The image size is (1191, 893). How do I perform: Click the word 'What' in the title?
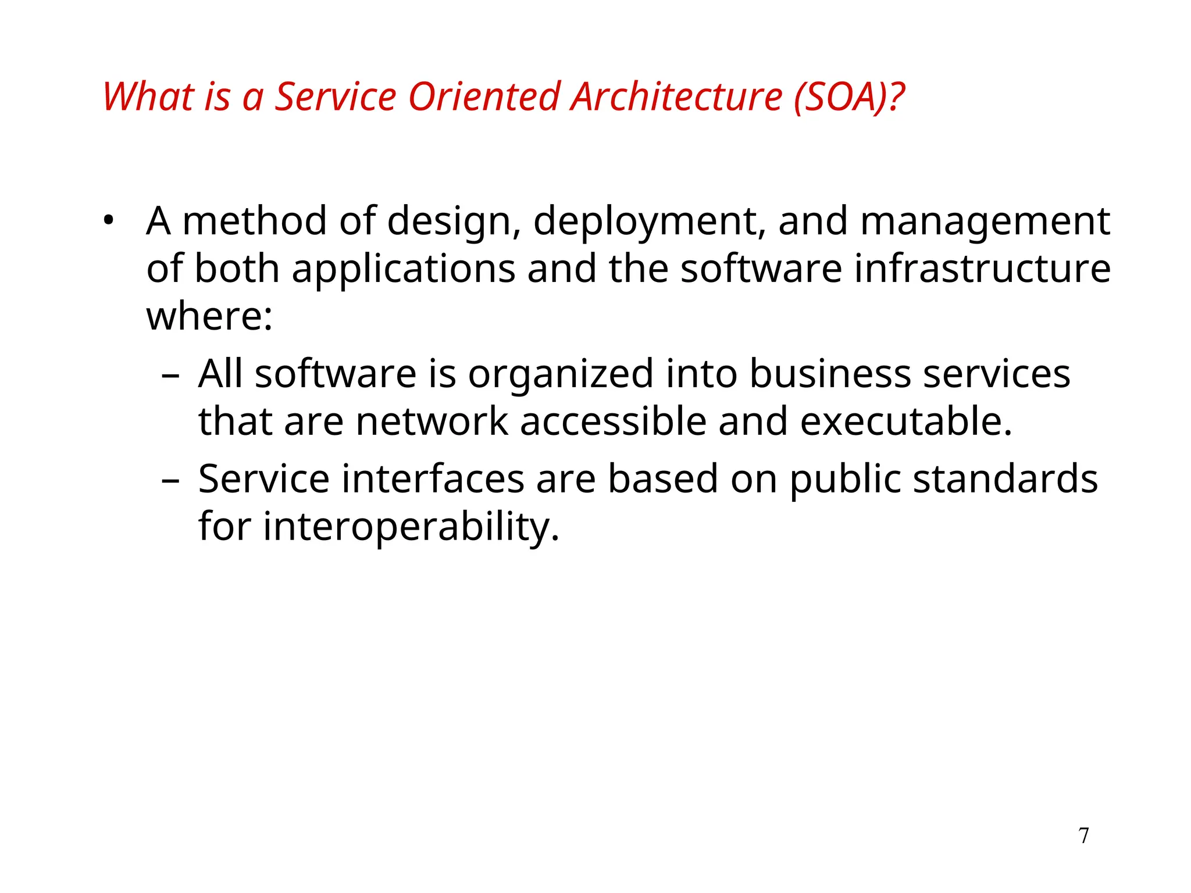[148, 97]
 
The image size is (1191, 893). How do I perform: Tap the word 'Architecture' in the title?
[676, 97]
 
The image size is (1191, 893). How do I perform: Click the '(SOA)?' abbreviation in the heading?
[850, 97]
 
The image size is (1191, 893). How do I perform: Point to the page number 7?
[1083, 835]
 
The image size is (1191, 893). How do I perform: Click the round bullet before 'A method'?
[108, 221]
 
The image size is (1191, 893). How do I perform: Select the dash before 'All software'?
[170, 375]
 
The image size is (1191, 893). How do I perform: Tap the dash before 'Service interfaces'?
[170, 480]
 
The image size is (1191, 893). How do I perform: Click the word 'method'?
[255, 221]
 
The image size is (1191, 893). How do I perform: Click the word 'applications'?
[403, 270]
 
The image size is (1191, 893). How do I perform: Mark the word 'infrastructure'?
[982, 269]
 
